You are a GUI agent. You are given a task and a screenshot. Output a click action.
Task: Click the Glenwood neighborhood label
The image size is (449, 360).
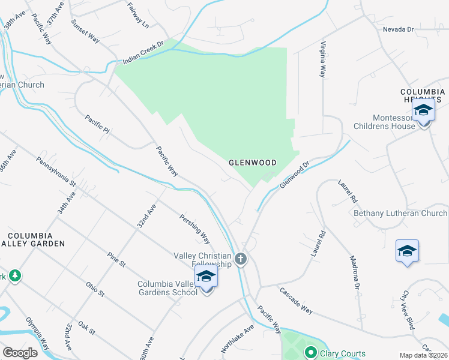pyautogui.click(x=252, y=163)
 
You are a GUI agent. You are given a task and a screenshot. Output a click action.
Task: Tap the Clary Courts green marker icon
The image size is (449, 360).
pyautogui.click(x=311, y=353)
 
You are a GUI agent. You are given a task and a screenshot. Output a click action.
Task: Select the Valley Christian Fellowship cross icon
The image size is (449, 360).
pyautogui.click(x=240, y=259)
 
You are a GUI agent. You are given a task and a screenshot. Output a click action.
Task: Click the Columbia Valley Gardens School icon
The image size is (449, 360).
pyautogui.click(x=206, y=277)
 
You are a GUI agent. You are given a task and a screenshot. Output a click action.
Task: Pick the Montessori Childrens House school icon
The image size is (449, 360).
pyautogui.click(x=423, y=110)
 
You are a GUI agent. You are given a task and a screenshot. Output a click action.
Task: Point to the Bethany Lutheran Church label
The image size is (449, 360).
pyautogui.click(x=400, y=213)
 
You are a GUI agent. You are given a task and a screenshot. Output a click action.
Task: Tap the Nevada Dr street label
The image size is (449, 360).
pyautogui.click(x=399, y=29)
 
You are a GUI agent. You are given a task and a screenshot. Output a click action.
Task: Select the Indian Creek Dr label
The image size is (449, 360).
pyautogui.click(x=143, y=54)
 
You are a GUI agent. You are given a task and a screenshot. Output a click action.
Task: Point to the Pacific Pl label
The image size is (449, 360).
pyautogui.click(x=97, y=125)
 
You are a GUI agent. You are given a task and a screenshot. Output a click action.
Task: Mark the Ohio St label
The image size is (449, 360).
pyautogui.click(x=95, y=289)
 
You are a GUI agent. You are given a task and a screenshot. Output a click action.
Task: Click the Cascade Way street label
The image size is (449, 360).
pyautogui.click(x=295, y=300)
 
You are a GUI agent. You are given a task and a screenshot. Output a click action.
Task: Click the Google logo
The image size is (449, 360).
pyautogui.click(x=20, y=353)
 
